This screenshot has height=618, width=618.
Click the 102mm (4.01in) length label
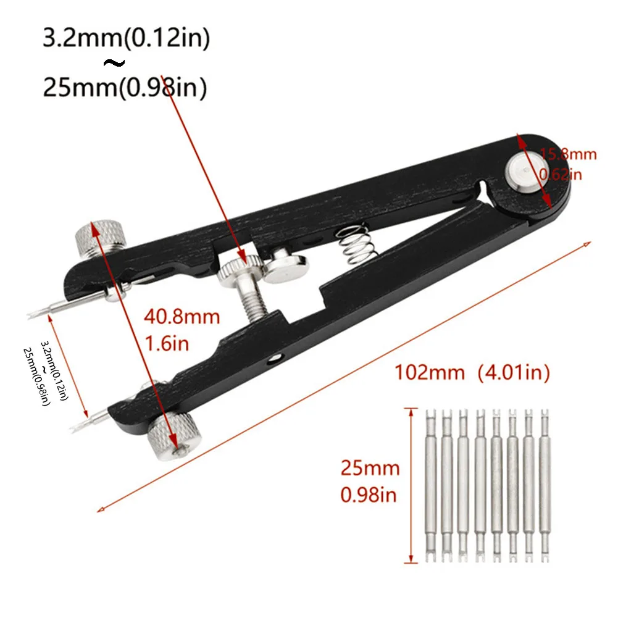coord(472,372)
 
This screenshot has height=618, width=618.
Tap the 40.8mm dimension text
coord(182,317)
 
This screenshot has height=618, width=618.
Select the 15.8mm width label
coord(568,154)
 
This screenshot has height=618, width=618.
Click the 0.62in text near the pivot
coord(560,175)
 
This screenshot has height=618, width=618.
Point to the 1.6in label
coord(166,343)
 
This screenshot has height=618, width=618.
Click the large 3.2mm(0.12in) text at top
coord(126,39)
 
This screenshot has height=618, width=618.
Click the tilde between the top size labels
coord(116,64)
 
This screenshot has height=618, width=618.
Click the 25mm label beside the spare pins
coord(370,468)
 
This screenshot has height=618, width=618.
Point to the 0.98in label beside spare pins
coord(369,495)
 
